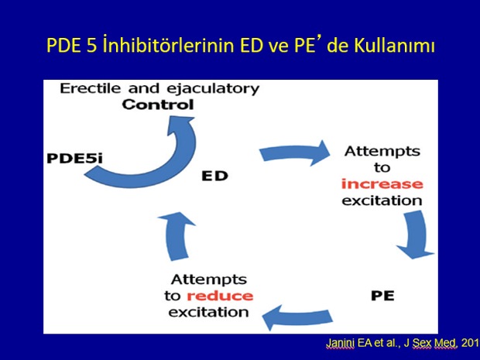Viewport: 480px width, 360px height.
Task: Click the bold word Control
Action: [158, 105]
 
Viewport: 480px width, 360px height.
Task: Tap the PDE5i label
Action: [74, 158]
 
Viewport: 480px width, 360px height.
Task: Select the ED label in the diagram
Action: [215, 176]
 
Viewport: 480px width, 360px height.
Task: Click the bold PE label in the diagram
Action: [382, 296]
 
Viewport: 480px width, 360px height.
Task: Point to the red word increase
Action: [382, 184]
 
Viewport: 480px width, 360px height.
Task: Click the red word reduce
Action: [220, 296]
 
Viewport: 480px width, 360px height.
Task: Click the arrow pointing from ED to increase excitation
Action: [294, 153]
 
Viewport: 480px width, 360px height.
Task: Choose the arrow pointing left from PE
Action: [297, 317]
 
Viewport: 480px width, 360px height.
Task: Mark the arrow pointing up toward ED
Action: [176, 235]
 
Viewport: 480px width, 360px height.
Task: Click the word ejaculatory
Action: [213, 89]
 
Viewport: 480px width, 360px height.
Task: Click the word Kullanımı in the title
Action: [395, 46]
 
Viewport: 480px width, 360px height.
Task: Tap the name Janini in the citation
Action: [340, 343]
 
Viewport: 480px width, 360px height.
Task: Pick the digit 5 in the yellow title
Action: [91, 46]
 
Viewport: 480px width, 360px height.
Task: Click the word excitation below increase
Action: [382, 201]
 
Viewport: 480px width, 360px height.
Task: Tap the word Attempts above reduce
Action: [209, 279]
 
